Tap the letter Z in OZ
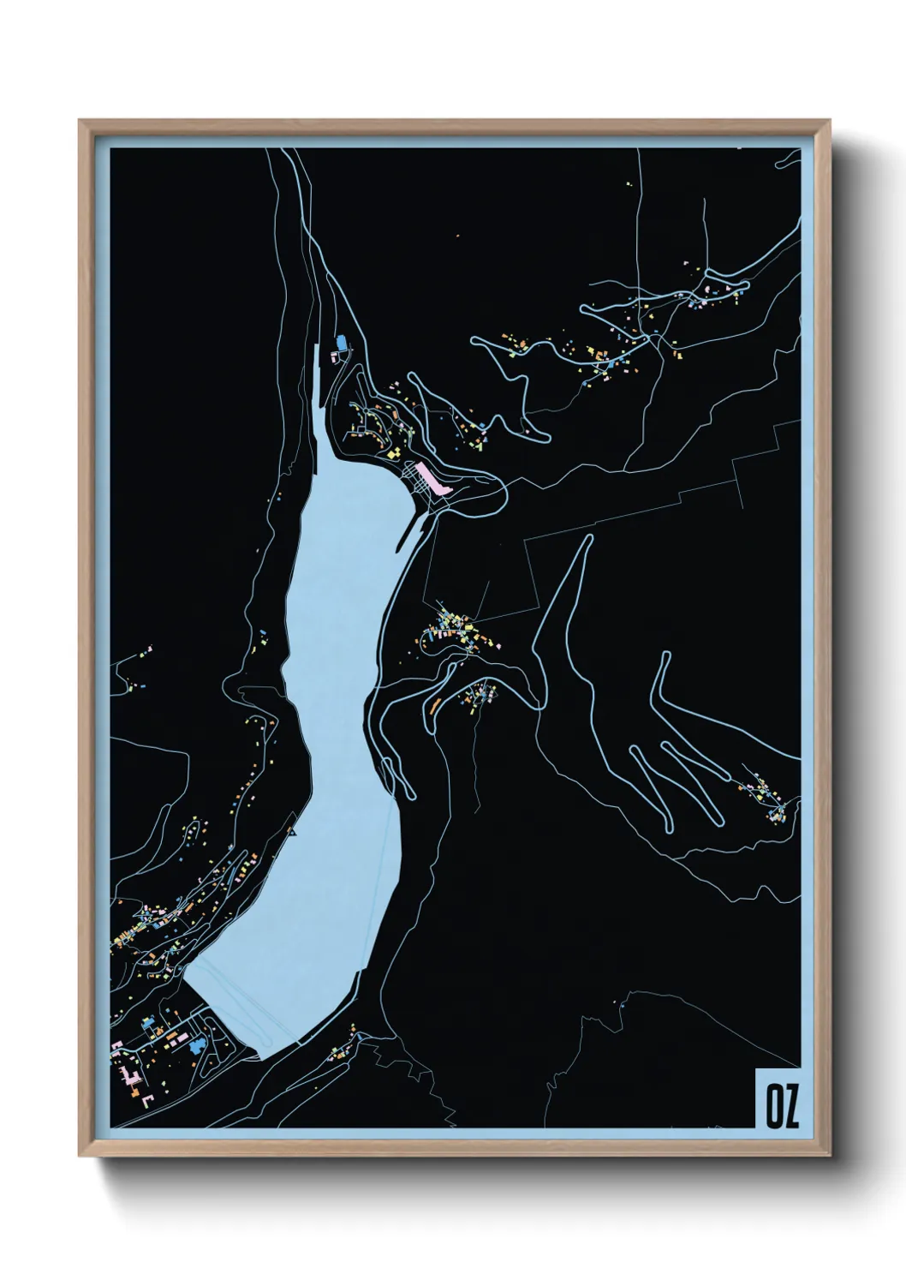[x=791, y=1106]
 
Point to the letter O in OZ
[x=773, y=1106]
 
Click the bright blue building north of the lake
[x=342, y=343]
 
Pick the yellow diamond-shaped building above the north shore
[x=397, y=451]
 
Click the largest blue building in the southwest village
[x=200, y=1044]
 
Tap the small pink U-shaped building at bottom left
[x=146, y=1099]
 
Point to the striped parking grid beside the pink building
[x=420, y=476]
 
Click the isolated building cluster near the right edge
[x=768, y=797]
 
